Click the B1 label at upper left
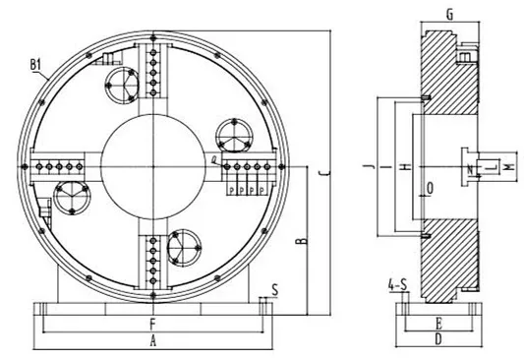(x=37, y=67)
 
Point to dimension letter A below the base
(x=152, y=340)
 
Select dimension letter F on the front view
(x=152, y=323)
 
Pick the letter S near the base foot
(x=274, y=289)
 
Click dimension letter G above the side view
(x=448, y=15)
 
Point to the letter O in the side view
(x=429, y=185)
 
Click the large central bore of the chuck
(x=153, y=168)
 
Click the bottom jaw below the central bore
(x=153, y=263)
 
